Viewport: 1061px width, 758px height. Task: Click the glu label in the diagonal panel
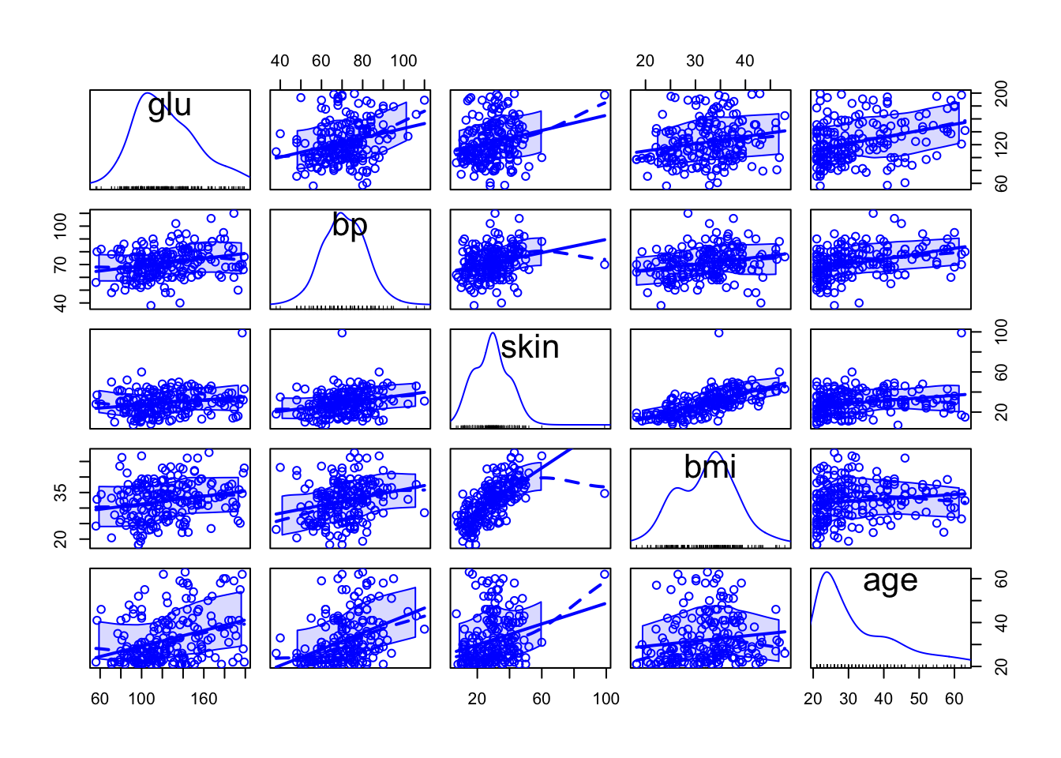click(x=170, y=105)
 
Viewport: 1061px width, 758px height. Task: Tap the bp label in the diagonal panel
click(x=350, y=225)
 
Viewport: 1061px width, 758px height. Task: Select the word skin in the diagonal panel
click(x=530, y=347)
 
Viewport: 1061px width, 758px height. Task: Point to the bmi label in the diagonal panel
click(x=710, y=467)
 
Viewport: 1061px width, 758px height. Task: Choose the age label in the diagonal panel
click(x=890, y=581)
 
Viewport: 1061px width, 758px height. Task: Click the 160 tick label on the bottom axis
click(x=204, y=699)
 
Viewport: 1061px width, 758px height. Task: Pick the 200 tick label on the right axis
click(x=1002, y=93)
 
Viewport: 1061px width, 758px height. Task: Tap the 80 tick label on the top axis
click(x=362, y=61)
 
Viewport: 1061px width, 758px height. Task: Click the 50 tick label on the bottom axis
click(x=919, y=699)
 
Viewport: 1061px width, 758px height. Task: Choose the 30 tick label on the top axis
click(x=695, y=61)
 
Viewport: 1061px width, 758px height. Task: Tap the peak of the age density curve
click(x=827, y=572)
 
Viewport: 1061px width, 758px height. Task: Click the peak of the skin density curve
click(x=493, y=332)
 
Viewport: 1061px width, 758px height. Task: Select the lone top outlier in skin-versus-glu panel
click(x=242, y=333)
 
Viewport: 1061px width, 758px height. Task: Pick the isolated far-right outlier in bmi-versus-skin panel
click(x=605, y=493)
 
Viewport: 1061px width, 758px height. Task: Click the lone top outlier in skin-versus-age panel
click(x=962, y=333)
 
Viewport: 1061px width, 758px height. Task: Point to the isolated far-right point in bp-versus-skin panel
click(x=605, y=265)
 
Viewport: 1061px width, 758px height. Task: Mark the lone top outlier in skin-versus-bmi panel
click(x=718, y=333)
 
